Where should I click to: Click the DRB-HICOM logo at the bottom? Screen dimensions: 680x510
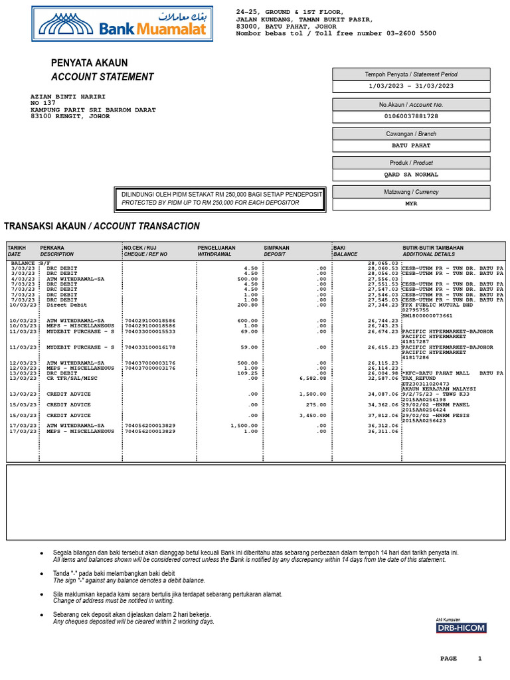coord(461,628)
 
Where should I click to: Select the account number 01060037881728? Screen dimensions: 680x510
coord(411,116)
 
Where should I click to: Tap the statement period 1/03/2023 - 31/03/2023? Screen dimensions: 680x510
coord(411,86)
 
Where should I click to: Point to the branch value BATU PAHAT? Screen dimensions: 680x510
coord(411,145)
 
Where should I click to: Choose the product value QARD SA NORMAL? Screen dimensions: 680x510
coord(411,175)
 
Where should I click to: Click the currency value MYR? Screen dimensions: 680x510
coord(411,204)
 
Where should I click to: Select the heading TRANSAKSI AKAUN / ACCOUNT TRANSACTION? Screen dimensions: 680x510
coord(102,226)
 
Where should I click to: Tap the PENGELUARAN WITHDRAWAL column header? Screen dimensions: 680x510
coord(216,251)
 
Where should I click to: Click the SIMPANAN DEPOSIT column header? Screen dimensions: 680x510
coord(277,251)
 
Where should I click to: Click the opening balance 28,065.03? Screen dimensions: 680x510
coord(383,263)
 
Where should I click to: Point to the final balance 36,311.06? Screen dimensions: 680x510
coord(383,432)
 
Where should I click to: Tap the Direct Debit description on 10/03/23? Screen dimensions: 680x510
coord(66,305)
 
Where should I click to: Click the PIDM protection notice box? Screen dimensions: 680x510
coord(220,199)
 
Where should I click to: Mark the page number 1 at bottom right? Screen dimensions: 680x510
coord(480,659)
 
